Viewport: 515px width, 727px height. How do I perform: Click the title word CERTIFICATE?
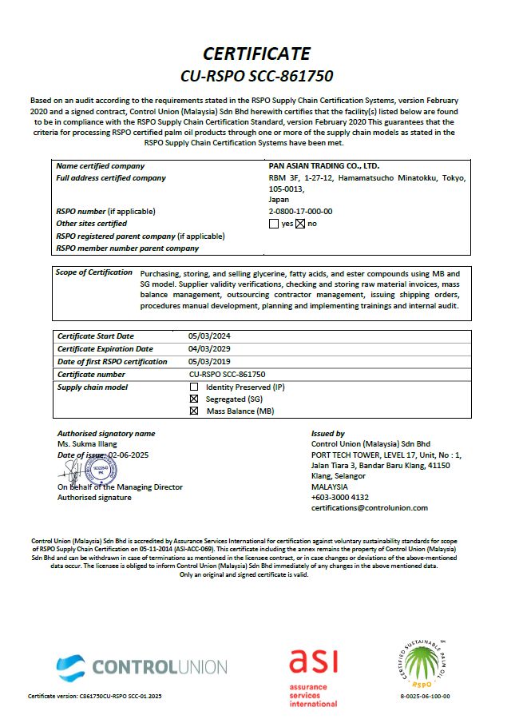[x=256, y=54]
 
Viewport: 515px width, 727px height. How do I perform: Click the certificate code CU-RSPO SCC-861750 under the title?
[x=256, y=77]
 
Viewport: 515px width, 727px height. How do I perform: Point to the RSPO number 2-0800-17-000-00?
[x=300, y=211]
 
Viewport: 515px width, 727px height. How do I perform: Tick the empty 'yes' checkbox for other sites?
[x=274, y=224]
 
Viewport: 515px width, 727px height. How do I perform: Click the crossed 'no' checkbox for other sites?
[x=301, y=224]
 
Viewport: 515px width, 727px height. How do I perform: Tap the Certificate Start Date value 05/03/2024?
[x=209, y=336]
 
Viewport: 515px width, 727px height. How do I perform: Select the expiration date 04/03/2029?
[x=209, y=349]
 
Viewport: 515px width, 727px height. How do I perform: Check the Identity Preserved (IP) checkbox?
[x=193, y=387]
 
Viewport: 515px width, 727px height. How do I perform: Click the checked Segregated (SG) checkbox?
[x=193, y=399]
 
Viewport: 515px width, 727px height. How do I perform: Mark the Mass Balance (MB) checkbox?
[x=193, y=411]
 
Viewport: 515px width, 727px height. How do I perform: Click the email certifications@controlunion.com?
[x=369, y=507]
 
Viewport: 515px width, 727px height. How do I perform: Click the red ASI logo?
[x=313, y=676]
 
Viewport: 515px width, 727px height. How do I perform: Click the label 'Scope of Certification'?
[x=94, y=272]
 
